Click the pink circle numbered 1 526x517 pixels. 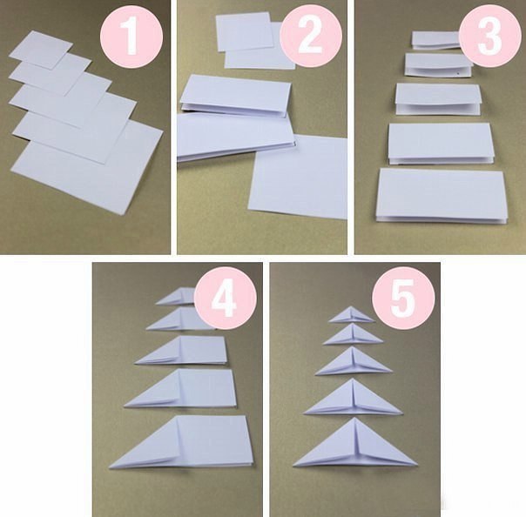[131, 37]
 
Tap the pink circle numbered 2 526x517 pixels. [311, 36]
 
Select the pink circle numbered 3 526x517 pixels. [490, 36]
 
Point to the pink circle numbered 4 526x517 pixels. [226, 298]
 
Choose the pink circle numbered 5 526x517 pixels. [403, 298]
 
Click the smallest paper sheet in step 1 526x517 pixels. [41, 50]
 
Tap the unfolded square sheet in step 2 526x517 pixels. [298, 177]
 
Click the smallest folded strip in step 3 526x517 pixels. [436, 40]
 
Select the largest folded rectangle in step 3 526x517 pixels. [442, 196]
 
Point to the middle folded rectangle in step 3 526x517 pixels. [438, 99]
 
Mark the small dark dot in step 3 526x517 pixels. [457, 71]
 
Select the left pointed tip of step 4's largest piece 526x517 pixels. [110, 467]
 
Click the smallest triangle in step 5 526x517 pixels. [351, 315]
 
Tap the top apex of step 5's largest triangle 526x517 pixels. [354, 418]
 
